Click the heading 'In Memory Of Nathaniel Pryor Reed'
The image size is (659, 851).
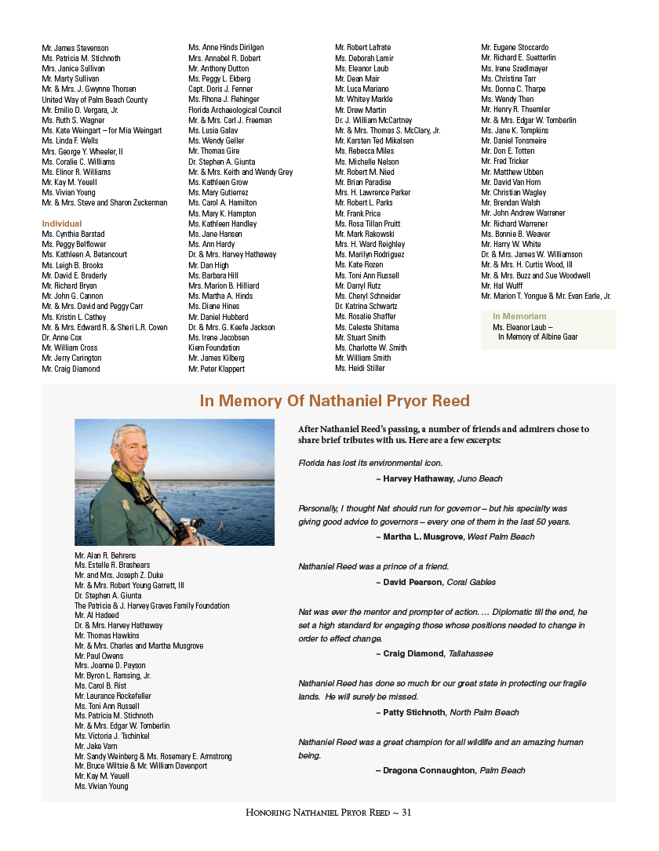point(334,402)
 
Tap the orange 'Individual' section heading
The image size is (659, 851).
point(62,224)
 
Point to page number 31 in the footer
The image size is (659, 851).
point(406,813)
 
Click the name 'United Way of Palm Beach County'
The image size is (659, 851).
point(94,100)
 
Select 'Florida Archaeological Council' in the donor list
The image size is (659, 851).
point(235,110)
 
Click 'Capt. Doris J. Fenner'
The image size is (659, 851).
point(222,89)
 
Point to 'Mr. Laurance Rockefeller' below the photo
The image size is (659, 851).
point(113,696)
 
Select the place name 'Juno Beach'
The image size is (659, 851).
point(479,478)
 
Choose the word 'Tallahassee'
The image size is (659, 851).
point(471,653)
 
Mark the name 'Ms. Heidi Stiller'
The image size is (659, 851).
point(360,368)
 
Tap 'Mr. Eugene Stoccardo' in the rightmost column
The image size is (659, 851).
point(515,48)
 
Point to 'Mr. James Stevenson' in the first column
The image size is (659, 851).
point(75,49)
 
